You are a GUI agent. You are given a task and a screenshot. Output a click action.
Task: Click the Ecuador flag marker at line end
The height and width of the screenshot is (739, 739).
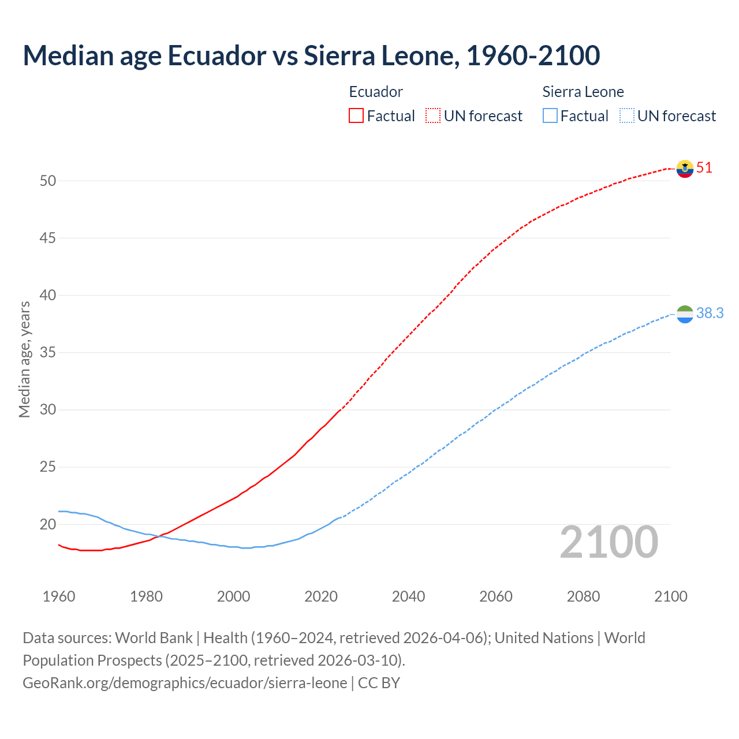point(685,169)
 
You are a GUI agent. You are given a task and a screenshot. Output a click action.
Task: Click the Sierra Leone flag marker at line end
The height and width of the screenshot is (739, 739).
point(685,314)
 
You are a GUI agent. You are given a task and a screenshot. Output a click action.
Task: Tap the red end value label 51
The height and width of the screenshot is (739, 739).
point(704,168)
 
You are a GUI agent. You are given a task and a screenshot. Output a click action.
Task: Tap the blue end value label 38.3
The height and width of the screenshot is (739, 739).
point(710,313)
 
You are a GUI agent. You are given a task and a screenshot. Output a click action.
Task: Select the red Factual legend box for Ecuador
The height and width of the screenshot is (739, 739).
point(356,115)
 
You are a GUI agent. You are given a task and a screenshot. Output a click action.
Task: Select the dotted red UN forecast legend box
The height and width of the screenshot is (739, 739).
point(433,115)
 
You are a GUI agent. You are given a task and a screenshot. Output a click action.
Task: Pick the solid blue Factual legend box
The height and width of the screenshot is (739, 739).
point(550,115)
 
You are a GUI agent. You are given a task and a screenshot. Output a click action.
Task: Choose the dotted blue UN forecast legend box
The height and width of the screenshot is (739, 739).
point(626,115)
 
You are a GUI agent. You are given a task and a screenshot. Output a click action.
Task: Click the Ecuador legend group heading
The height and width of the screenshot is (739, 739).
point(376,92)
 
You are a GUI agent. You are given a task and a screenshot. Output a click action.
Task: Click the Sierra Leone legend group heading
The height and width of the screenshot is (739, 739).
point(583,92)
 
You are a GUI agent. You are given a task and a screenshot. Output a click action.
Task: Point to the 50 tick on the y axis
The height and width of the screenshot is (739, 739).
point(48,181)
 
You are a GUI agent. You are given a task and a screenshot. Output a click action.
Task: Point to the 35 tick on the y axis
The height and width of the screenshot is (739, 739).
point(48,352)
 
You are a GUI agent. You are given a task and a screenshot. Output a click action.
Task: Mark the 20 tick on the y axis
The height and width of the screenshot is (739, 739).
point(48,524)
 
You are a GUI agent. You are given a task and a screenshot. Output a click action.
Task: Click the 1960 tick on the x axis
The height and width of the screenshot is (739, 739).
point(59,596)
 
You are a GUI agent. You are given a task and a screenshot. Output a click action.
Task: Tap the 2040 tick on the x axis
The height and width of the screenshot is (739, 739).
point(408,596)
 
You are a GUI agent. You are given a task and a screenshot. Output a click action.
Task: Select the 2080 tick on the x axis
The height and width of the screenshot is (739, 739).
point(583,596)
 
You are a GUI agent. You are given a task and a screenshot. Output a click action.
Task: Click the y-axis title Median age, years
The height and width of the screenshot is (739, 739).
point(24,359)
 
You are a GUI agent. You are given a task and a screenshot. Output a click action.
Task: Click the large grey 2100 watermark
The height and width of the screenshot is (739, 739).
point(609,542)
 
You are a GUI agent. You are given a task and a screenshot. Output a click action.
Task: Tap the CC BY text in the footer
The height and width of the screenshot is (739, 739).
point(379,682)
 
